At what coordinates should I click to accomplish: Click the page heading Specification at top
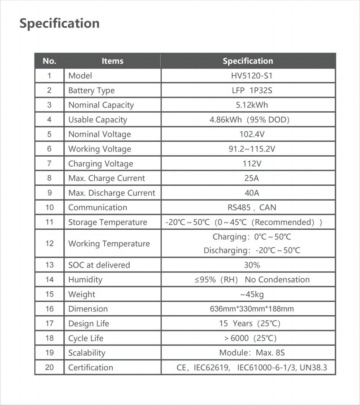pyautogui.click(x=59, y=23)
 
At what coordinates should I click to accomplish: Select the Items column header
pyautogui.click(x=112, y=61)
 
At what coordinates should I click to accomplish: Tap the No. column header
pyautogui.click(x=49, y=61)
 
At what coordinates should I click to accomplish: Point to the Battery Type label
pyautogui.click(x=91, y=90)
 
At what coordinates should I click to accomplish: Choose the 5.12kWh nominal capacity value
pyautogui.click(x=252, y=105)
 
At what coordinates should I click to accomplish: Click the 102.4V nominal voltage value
pyautogui.click(x=252, y=134)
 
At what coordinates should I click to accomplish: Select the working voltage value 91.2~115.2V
pyautogui.click(x=252, y=149)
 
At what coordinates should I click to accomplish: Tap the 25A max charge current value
pyautogui.click(x=252, y=178)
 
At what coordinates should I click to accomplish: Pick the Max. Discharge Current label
pyautogui.click(x=112, y=193)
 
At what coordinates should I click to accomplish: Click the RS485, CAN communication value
pyautogui.click(x=252, y=207)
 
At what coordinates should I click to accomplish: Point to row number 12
pyautogui.click(x=49, y=243)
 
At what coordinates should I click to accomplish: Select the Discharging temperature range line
pyautogui.click(x=252, y=250)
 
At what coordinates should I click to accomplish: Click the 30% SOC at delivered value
pyautogui.click(x=252, y=265)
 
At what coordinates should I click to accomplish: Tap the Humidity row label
pyautogui.click(x=85, y=280)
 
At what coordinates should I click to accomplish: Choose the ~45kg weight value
pyautogui.click(x=252, y=294)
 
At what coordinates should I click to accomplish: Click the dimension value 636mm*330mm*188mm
pyautogui.click(x=252, y=309)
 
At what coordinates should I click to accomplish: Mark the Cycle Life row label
pyautogui.click(x=86, y=338)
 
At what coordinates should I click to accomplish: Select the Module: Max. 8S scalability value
pyautogui.click(x=252, y=353)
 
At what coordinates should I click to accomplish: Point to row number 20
pyautogui.click(x=49, y=368)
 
